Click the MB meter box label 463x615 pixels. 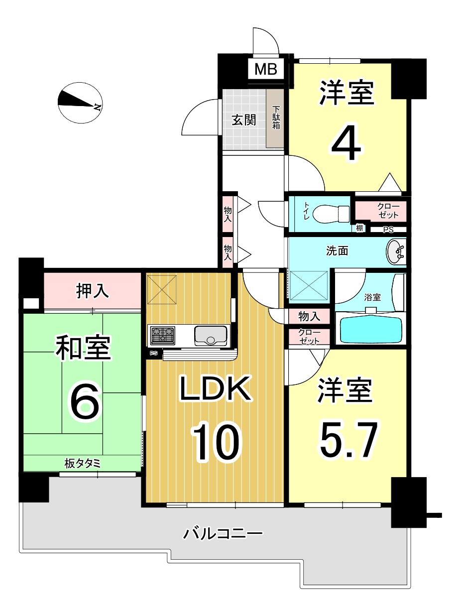[x=266, y=69]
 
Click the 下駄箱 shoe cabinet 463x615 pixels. [x=275, y=118]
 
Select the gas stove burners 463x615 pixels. [x=162, y=335]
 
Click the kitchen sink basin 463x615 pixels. [x=211, y=336]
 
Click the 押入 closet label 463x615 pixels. [x=93, y=291]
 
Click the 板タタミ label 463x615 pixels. [x=83, y=464]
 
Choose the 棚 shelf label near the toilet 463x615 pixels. [x=359, y=228]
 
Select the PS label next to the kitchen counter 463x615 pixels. [x=153, y=354]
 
